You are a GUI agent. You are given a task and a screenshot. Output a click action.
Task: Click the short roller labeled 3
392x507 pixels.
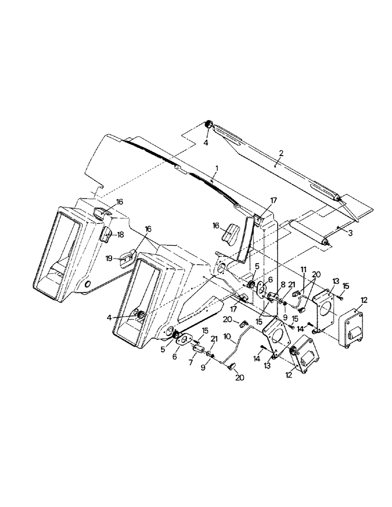point(308,232)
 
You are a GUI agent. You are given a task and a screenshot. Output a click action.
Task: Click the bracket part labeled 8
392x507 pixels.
point(274,296)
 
